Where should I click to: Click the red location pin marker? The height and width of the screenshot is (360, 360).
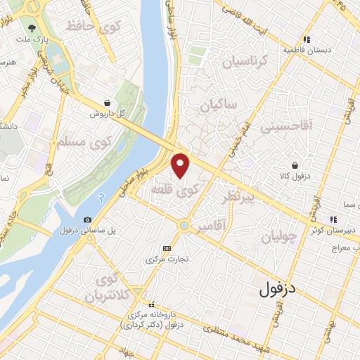pyautogui.click(x=181, y=165)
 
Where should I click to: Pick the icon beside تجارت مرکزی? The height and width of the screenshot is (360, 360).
pyautogui.click(x=167, y=247)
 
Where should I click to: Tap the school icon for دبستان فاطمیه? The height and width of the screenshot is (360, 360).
pyautogui.click(x=307, y=40)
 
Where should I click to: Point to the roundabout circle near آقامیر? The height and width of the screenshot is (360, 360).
pyautogui.click(x=184, y=226)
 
